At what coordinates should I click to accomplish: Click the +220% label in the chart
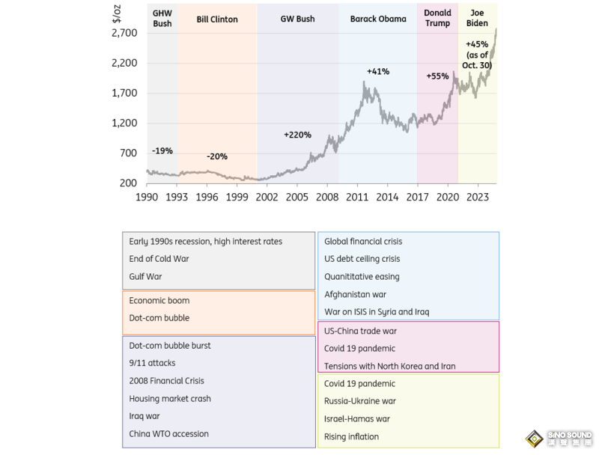tap(297, 135)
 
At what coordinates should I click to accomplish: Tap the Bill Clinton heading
tap(217, 19)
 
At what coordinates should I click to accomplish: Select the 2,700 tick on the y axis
tap(126, 33)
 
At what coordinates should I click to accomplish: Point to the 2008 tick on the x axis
tap(327, 198)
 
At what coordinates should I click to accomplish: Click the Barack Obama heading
tap(378, 19)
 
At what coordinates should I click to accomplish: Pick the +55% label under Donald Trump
tap(437, 76)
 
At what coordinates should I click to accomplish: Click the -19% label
tap(162, 151)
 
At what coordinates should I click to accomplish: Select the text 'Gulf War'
tap(145, 277)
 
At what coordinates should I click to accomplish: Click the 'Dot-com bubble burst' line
tap(170, 346)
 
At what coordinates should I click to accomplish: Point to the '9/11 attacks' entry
tap(153, 363)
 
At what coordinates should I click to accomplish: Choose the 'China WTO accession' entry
tap(168, 433)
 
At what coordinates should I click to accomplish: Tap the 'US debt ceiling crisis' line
tap(362, 259)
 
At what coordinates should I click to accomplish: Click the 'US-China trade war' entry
tap(360, 331)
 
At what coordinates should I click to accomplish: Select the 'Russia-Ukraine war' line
tap(361, 401)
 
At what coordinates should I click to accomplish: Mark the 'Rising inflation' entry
tap(351, 436)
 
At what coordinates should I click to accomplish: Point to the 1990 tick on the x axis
tap(147, 198)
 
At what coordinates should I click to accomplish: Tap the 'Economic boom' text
tap(159, 300)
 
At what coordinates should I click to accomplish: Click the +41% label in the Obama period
tap(378, 71)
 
